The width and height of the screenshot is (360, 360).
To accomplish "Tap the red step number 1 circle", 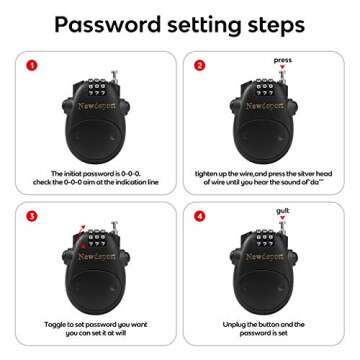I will click(31, 66).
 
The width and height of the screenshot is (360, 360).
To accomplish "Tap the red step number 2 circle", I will click(199, 66).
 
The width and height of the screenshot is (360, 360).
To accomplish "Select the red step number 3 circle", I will click(31, 213).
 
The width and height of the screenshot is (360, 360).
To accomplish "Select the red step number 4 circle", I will click(199, 213).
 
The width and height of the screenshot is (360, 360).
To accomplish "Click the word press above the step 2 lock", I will click(282, 59).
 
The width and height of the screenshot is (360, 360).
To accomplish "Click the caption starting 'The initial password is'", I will click(96, 178).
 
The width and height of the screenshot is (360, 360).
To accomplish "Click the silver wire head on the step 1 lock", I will click(114, 76).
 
